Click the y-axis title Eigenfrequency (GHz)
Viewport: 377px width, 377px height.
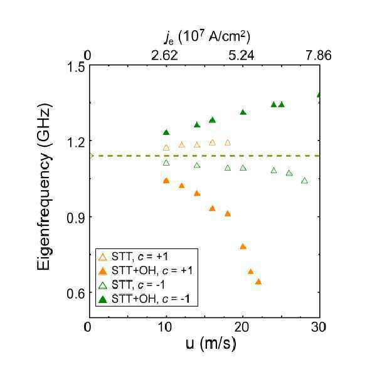(45, 187)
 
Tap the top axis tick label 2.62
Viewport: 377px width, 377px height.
(165, 56)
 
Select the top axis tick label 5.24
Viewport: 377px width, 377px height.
(241, 56)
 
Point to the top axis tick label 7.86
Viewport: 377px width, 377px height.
(319, 56)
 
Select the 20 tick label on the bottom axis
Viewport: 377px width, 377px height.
(242, 327)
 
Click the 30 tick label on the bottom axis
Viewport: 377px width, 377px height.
(318, 327)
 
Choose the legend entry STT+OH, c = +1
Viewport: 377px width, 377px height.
(146, 271)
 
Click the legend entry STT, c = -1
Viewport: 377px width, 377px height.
(132, 285)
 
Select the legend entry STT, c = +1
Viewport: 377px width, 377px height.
(133, 257)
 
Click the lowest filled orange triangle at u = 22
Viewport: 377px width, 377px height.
(258, 282)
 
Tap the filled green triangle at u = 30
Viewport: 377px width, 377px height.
(319, 95)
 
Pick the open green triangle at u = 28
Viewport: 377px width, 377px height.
(304, 181)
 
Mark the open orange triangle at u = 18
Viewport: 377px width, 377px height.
(228, 142)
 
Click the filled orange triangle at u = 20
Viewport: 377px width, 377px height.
(243, 247)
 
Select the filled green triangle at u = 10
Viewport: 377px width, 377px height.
(166, 132)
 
